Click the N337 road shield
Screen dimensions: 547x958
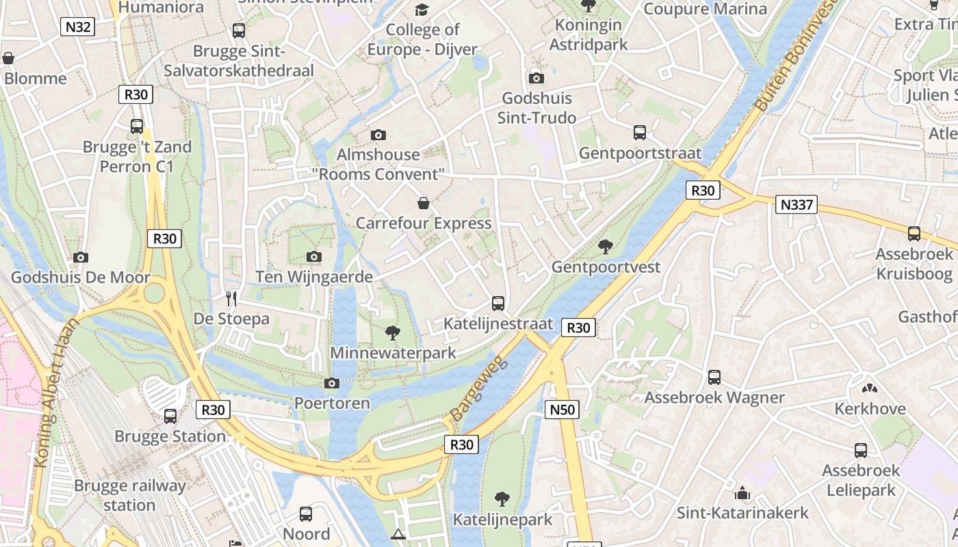(x=796, y=204)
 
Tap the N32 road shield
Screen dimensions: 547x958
(x=77, y=27)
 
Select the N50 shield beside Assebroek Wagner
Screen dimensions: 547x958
(x=562, y=410)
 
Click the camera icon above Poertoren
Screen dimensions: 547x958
(x=332, y=383)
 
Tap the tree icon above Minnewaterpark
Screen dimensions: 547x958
(x=393, y=333)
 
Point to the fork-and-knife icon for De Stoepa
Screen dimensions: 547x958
(x=231, y=298)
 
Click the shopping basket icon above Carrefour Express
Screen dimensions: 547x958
(x=424, y=203)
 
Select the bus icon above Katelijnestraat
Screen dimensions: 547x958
(x=498, y=303)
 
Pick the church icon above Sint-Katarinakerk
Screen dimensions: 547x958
(x=742, y=493)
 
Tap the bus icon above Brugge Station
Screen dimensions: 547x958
(x=170, y=416)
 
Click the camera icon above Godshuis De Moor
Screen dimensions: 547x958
(x=81, y=257)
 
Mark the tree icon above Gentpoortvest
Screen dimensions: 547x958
(x=605, y=246)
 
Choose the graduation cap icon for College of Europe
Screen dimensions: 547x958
(x=422, y=10)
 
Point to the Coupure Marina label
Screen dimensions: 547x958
(x=705, y=9)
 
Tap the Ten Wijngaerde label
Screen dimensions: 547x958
(x=314, y=277)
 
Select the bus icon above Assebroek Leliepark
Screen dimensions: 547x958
(x=860, y=451)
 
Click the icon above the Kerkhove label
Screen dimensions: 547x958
(x=870, y=389)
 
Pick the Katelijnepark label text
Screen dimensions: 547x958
(x=502, y=520)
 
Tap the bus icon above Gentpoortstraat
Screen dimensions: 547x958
(x=640, y=132)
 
